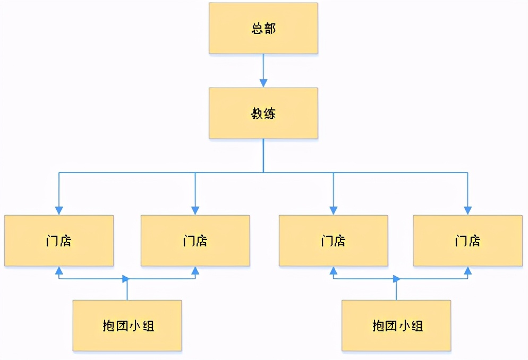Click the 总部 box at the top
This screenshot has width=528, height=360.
tap(263, 28)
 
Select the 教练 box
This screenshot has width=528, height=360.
tap(263, 113)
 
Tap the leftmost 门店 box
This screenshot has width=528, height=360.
tap(59, 241)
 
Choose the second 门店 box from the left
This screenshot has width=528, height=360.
tap(195, 241)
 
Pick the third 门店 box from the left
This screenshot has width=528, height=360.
tap(333, 241)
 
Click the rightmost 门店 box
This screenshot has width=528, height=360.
tap(467, 241)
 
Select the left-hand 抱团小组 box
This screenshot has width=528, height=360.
tap(127, 325)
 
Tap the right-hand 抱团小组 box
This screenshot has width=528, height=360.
tap(396, 325)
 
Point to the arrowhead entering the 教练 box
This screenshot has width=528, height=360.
tap(263, 83)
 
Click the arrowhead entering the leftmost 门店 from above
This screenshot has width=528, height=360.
tap(59, 210)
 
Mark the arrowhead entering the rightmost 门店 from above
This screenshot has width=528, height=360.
tap(467, 210)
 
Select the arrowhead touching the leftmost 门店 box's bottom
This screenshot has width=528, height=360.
tap(59, 270)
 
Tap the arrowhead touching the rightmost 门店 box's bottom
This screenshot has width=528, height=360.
tap(467, 270)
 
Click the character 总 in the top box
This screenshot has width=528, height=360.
tap(257, 29)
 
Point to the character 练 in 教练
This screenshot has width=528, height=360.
tap(269, 114)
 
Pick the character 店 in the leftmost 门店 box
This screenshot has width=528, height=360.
tap(65, 241)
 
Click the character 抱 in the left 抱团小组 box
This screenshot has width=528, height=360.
tap(108, 326)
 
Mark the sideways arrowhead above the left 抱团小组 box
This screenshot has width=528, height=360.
tap(125, 279)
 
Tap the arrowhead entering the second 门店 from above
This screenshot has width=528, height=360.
tap(195, 210)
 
